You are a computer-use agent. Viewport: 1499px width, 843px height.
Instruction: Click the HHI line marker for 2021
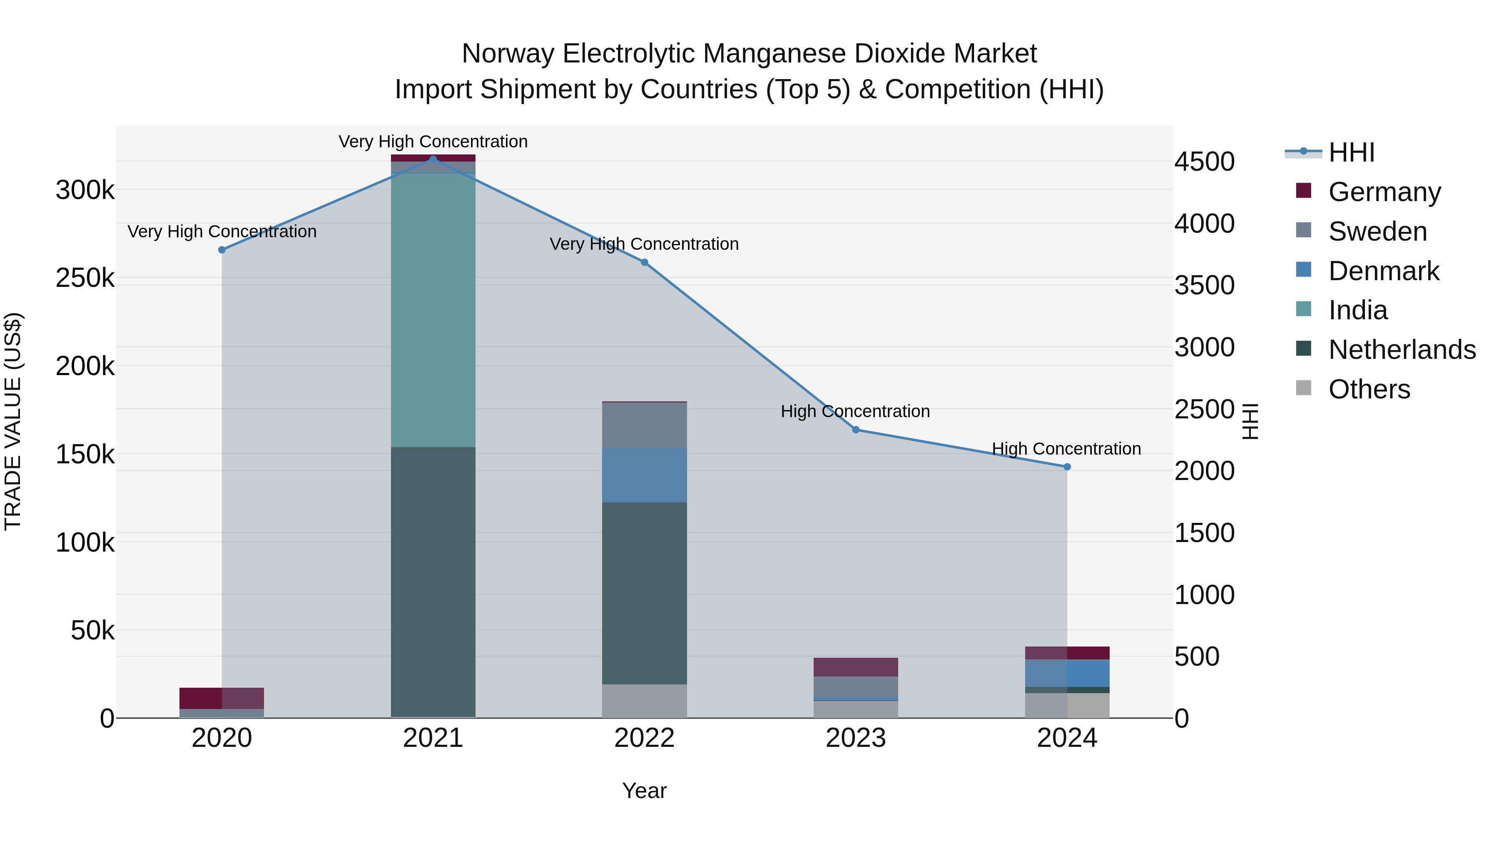click(433, 159)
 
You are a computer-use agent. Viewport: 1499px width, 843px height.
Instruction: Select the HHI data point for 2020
click(222, 250)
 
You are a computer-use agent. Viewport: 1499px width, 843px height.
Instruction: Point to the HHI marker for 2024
click(1067, 467)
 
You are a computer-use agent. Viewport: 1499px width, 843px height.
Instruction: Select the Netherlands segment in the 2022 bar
click(644, 593)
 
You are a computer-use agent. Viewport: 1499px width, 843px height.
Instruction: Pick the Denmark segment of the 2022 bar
click(644, 475)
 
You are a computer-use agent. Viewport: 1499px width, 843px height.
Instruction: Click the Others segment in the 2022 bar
click(644, 701)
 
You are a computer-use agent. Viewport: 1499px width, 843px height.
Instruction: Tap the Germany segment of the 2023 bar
click(855, 667)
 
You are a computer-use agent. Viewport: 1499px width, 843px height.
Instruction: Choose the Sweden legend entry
click(1377, 231)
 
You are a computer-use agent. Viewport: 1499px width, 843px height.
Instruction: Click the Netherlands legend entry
click(1401, 350)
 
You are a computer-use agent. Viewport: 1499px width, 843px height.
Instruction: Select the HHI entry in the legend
click(1351, 152)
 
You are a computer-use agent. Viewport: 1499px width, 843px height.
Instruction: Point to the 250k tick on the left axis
click(85, 278)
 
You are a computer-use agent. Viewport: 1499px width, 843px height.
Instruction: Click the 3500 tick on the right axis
click(1204, 286)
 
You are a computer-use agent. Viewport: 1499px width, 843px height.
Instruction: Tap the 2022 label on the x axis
click(644, 738)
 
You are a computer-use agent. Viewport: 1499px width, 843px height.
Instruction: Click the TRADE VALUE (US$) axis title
click(13, 421)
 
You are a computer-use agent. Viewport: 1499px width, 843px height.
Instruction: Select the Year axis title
click(644, 791)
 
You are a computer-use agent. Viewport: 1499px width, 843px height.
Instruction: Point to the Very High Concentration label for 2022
click(644, 244)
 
